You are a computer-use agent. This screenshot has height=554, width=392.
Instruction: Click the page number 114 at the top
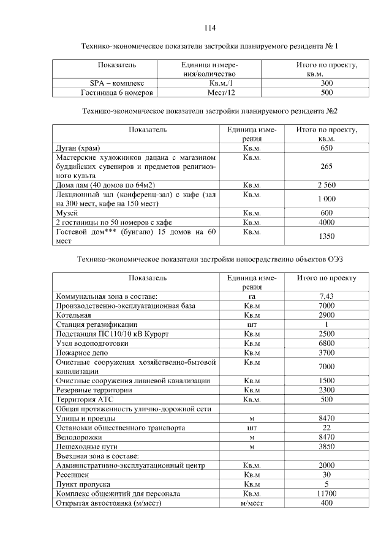click(x=210, y=28)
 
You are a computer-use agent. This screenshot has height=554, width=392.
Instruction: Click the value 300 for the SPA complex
click(x=326, y=83)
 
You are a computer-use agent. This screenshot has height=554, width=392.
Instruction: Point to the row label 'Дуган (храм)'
click(x=78, y=149)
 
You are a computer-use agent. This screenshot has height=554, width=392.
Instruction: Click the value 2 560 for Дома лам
click(x=326, y=185)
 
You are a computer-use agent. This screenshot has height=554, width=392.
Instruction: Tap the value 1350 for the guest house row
click(x=326, y=236)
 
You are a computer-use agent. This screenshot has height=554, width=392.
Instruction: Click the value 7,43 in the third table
click(x=326, y=296)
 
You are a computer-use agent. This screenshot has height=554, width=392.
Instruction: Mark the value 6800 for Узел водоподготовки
click(x=326, y=343)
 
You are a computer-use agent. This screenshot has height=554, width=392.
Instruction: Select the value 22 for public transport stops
click(x=326, y=428)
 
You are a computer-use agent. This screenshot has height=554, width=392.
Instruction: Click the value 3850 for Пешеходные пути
click(x=326, y=447)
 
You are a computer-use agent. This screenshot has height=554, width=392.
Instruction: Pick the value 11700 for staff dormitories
click(x=326, y=493)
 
